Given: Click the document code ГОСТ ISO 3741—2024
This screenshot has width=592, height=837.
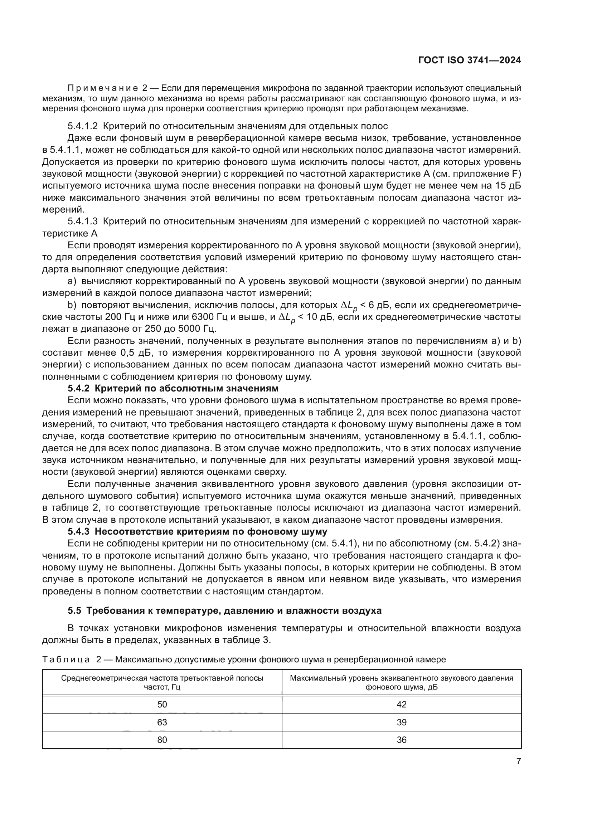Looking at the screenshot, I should pos(470,60).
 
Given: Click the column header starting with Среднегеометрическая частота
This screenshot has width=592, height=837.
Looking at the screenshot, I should pos(162,682).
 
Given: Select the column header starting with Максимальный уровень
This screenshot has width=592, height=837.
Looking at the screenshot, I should pos(401,682).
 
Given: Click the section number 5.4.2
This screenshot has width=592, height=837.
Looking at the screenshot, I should pos(78,389).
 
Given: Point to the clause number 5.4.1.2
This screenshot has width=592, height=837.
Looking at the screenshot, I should pos(83,126).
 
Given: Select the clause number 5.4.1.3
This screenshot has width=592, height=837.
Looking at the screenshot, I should pos(83,222).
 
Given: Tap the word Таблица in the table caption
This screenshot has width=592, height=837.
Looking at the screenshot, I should pos(66,660).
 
